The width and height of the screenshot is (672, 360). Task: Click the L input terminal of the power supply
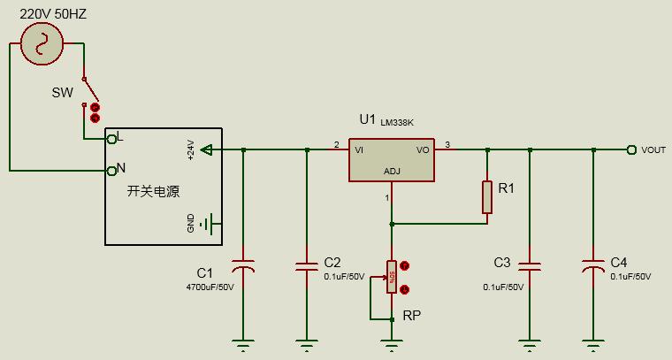click(111, 138)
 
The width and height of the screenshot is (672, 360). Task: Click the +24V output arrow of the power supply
click(206, 150)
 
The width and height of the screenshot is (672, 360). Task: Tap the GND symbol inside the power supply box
click(207, 224)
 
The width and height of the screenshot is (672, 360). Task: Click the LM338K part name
click(398, 122)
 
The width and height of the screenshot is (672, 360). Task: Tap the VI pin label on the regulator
click(359, 150)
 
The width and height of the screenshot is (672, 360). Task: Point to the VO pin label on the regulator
click(422, 150)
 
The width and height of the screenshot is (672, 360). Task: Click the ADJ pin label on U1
click(392, 172)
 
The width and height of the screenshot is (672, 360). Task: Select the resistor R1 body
click(486, 197)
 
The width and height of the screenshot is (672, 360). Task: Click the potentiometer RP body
click(391, 277)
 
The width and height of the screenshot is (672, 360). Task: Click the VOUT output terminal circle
click(631, 150)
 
